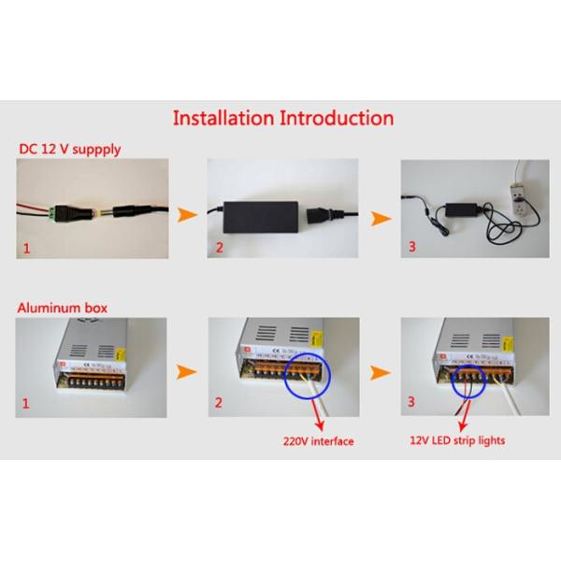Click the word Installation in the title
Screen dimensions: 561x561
click(223, 118)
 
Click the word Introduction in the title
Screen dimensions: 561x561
click(337, 118)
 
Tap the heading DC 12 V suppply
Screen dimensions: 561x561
click(70, 150)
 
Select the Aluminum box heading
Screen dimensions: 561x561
click(63, 308)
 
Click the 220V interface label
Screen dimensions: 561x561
click(319, 441)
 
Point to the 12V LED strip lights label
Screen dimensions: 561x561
click(457, 440)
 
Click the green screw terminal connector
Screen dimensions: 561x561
click(52, 213)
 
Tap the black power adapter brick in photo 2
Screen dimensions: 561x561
click(261, 217)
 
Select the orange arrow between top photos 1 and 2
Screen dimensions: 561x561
click(187, 215)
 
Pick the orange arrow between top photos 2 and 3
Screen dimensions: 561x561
click(381, 218)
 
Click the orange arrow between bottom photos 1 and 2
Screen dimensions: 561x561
click(186, 372)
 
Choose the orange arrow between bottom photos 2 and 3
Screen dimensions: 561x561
click(381, 373)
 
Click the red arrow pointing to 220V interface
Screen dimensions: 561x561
click(316, 414)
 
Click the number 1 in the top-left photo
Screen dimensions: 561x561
click(26, 249)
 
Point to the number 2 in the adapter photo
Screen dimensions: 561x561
click(220, 248)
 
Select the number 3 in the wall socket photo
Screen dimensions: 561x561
click(412, 247)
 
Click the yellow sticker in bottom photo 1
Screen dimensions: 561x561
click(121, 354)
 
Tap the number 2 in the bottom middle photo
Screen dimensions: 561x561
click(218, 403)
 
